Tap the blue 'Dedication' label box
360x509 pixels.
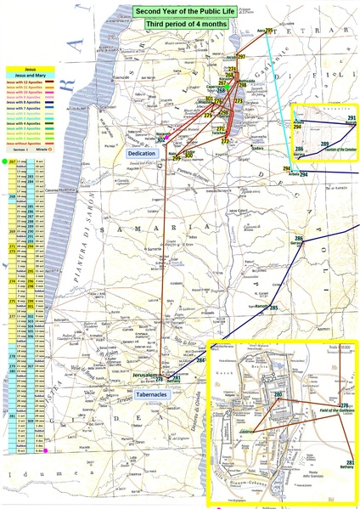pos(141,153)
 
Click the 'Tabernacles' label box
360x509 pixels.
pos(154,394)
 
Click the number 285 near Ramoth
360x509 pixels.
pos(274,308)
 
